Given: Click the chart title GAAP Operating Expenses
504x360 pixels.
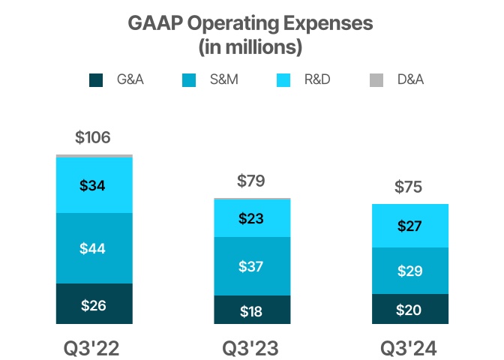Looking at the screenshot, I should coord(251,23).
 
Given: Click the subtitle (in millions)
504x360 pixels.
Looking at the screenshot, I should coord(251,46).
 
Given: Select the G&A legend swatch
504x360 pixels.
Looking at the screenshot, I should coord(96,79).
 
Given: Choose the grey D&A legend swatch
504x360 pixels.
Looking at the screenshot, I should coord(377,79).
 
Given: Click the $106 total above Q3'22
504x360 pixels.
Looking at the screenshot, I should coord(94,138).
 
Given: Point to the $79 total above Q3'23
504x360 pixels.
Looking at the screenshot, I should coord(251,181).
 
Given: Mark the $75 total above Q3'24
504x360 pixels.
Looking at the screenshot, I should coord(409,187).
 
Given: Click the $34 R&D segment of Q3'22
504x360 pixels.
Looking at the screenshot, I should coord(94,185).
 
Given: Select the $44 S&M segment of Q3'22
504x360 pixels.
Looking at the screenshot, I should coord(94,248).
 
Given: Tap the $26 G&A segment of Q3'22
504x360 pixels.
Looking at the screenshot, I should coord(94,304).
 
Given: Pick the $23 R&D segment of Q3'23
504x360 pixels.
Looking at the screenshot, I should coord(251,219).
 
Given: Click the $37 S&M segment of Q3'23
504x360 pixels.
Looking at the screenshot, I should coord(251,266).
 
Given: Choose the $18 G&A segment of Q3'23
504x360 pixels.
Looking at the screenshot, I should coord(251,310).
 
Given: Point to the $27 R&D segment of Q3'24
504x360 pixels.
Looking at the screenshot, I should coord(409,226).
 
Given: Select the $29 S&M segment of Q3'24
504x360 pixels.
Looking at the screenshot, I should coord(409,271).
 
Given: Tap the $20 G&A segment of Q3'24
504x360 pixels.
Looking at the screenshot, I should coord(409,309).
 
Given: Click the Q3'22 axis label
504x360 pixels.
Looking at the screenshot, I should coord(94,349).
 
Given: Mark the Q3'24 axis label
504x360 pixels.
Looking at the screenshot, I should coord(409,349).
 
